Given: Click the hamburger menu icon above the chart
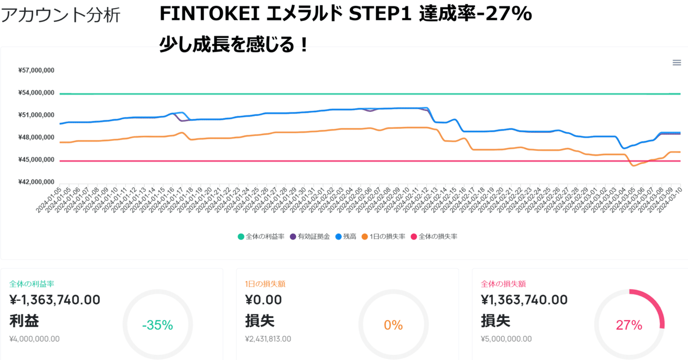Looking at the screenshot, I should tap(677, 63).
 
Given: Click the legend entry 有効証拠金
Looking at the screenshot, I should tap(309, 236).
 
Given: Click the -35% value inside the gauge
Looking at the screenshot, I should tap(157, 325).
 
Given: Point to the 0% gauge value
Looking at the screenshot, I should tap(393, 325).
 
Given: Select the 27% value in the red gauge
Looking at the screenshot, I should tap(629, 325).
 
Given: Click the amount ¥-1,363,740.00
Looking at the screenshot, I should tap(55, 300).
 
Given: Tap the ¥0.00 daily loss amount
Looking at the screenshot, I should tap(263, 300).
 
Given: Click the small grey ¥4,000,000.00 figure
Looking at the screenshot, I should tap(34, 339).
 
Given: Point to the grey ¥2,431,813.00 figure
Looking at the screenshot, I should tap(268, 339).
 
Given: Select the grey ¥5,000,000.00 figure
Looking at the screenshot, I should tap(506, 339).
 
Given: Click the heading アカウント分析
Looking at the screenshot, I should tap(60, 15).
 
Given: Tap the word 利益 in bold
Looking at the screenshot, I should tap(24, 321).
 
